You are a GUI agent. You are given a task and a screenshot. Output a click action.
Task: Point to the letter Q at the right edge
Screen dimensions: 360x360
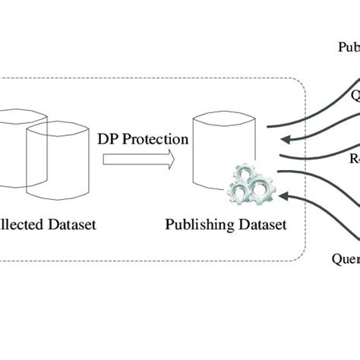point(355,96)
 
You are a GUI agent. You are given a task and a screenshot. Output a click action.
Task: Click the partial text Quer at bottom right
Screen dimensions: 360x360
point(345,256)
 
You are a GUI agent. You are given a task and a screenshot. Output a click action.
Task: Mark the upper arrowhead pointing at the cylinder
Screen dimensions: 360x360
point(284,139)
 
